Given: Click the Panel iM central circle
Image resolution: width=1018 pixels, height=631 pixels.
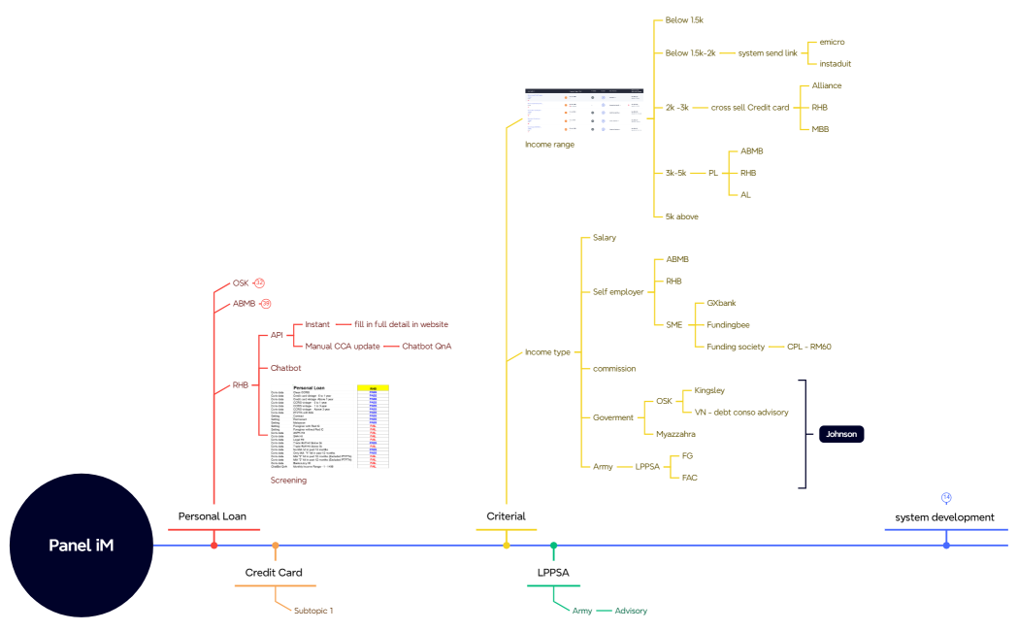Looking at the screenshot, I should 82,546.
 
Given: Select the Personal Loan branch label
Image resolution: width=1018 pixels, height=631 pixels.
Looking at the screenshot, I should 212,516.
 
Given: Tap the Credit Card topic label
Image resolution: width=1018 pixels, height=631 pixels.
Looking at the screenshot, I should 274,573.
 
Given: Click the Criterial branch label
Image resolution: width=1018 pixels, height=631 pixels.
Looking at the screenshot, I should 506,516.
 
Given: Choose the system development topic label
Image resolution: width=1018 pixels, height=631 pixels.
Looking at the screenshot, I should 944,517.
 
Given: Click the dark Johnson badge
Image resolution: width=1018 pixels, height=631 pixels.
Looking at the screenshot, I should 840,434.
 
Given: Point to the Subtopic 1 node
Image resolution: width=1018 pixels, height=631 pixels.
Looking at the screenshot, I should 313,611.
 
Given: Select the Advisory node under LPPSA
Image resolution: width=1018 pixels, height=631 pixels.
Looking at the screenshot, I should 631,611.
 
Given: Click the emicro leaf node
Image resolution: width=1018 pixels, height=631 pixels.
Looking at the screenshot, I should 834,43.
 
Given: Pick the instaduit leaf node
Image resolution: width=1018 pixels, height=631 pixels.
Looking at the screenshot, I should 836,64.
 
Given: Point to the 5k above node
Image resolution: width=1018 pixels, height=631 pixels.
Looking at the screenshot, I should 681,216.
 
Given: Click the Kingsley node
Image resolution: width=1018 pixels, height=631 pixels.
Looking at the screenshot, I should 709,390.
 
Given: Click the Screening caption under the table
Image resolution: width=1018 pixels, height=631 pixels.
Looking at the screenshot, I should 288,480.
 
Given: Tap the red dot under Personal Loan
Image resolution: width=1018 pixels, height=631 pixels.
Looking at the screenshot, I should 214,546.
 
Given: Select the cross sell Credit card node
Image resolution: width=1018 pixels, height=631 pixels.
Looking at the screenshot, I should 750,108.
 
